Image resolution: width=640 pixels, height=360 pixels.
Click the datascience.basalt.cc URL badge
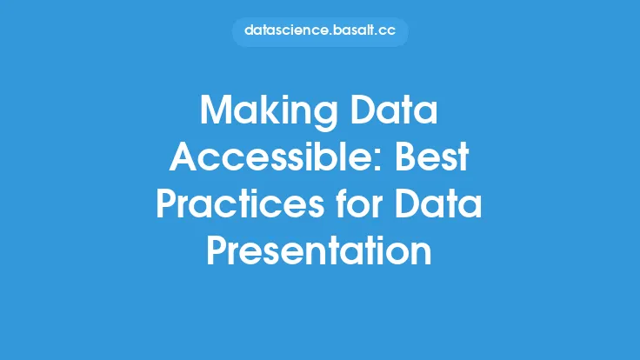(320, 31)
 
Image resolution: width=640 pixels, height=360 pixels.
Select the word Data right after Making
(394, 110)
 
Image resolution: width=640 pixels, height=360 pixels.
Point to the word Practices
(240, 203)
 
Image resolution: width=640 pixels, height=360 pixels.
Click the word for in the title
(359, 203)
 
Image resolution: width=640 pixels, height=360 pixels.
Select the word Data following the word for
(438, 203)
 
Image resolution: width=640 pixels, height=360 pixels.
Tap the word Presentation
(319, 250)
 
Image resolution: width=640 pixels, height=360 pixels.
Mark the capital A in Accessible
(184, 157)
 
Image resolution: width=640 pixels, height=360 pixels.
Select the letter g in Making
(326, 117)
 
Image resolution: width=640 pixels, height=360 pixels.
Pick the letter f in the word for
(343, 203)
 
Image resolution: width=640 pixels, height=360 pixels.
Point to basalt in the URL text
(354, 30)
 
